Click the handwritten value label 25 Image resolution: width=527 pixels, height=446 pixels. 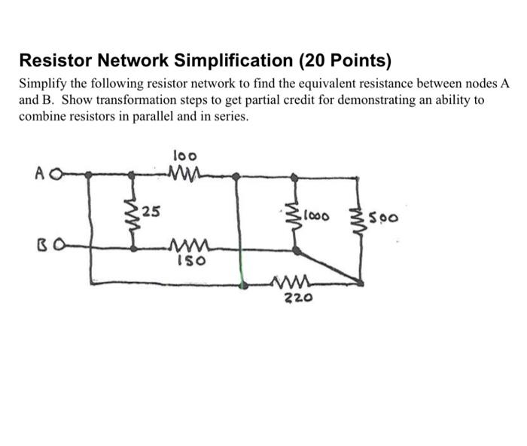tap(151, 210)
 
